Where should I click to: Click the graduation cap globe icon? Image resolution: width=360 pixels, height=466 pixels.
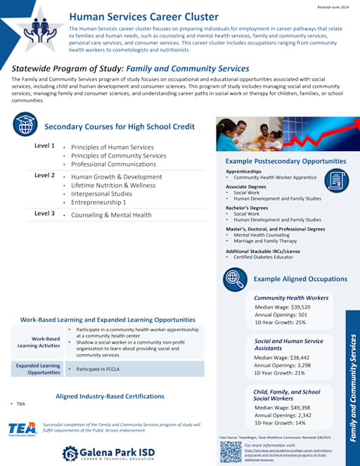tap(25, 124)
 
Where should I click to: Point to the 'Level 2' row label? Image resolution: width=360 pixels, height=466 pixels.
tap(44, 175)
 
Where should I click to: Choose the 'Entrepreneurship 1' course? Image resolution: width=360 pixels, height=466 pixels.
tap(98, 202)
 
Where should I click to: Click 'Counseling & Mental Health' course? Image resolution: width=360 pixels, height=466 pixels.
tap(111, 215)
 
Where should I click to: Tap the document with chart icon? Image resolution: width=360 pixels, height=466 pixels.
tap(336, 180)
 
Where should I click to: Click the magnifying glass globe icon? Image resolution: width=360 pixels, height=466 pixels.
tap(234, 278)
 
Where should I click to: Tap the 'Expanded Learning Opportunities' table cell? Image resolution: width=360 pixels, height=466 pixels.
tap(39, 369)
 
